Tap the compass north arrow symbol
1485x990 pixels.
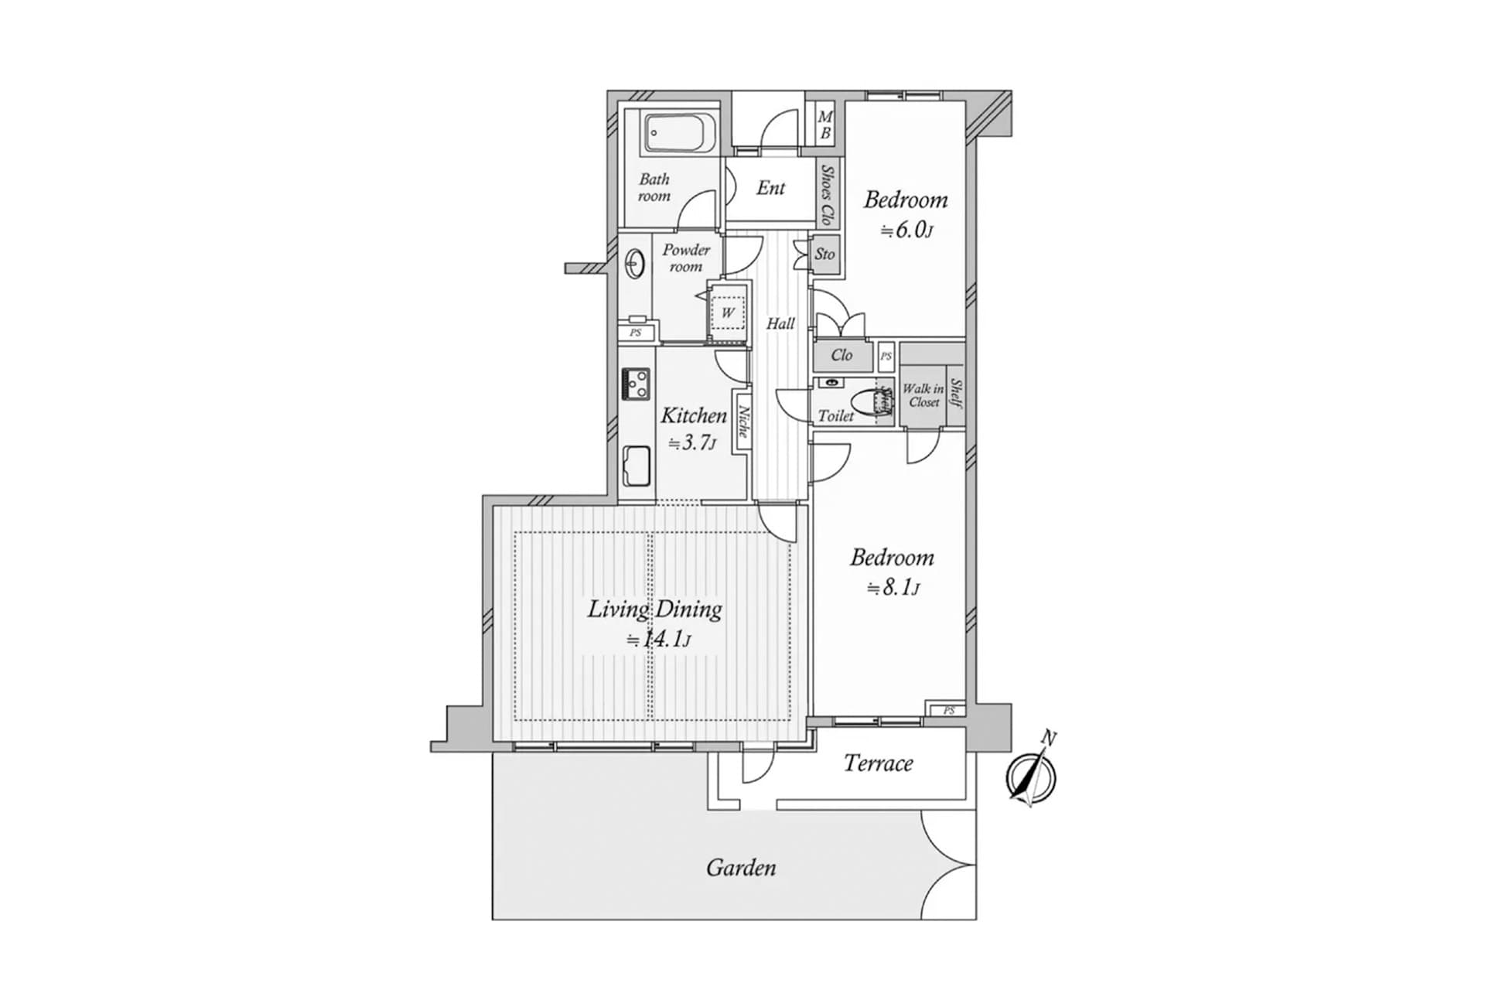[x=1032, y=776]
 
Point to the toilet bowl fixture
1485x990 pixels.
[x=865, y=402]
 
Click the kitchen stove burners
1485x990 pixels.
[x=637, y=384]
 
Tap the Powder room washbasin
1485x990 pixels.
[x=636, y=264]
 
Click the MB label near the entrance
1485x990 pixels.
[x=825, y=125]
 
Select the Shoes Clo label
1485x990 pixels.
[x=828, y=194]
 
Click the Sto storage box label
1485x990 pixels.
[x=825, y=254]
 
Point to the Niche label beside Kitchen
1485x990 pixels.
[x=743, y=422]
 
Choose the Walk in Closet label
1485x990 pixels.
[x=923, y=395]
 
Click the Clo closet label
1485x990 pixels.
[x=841, y=355]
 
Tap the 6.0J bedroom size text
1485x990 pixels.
[x=906, y=230]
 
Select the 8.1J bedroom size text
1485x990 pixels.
[x=893, y=588]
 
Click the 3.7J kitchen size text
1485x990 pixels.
[x=692, y=443]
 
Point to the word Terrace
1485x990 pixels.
[x=878, y=763]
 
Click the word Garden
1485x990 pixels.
[x=740, y=868]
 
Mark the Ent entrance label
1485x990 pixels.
[x=770, y=188]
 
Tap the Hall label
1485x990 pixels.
[x=780, y=323]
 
